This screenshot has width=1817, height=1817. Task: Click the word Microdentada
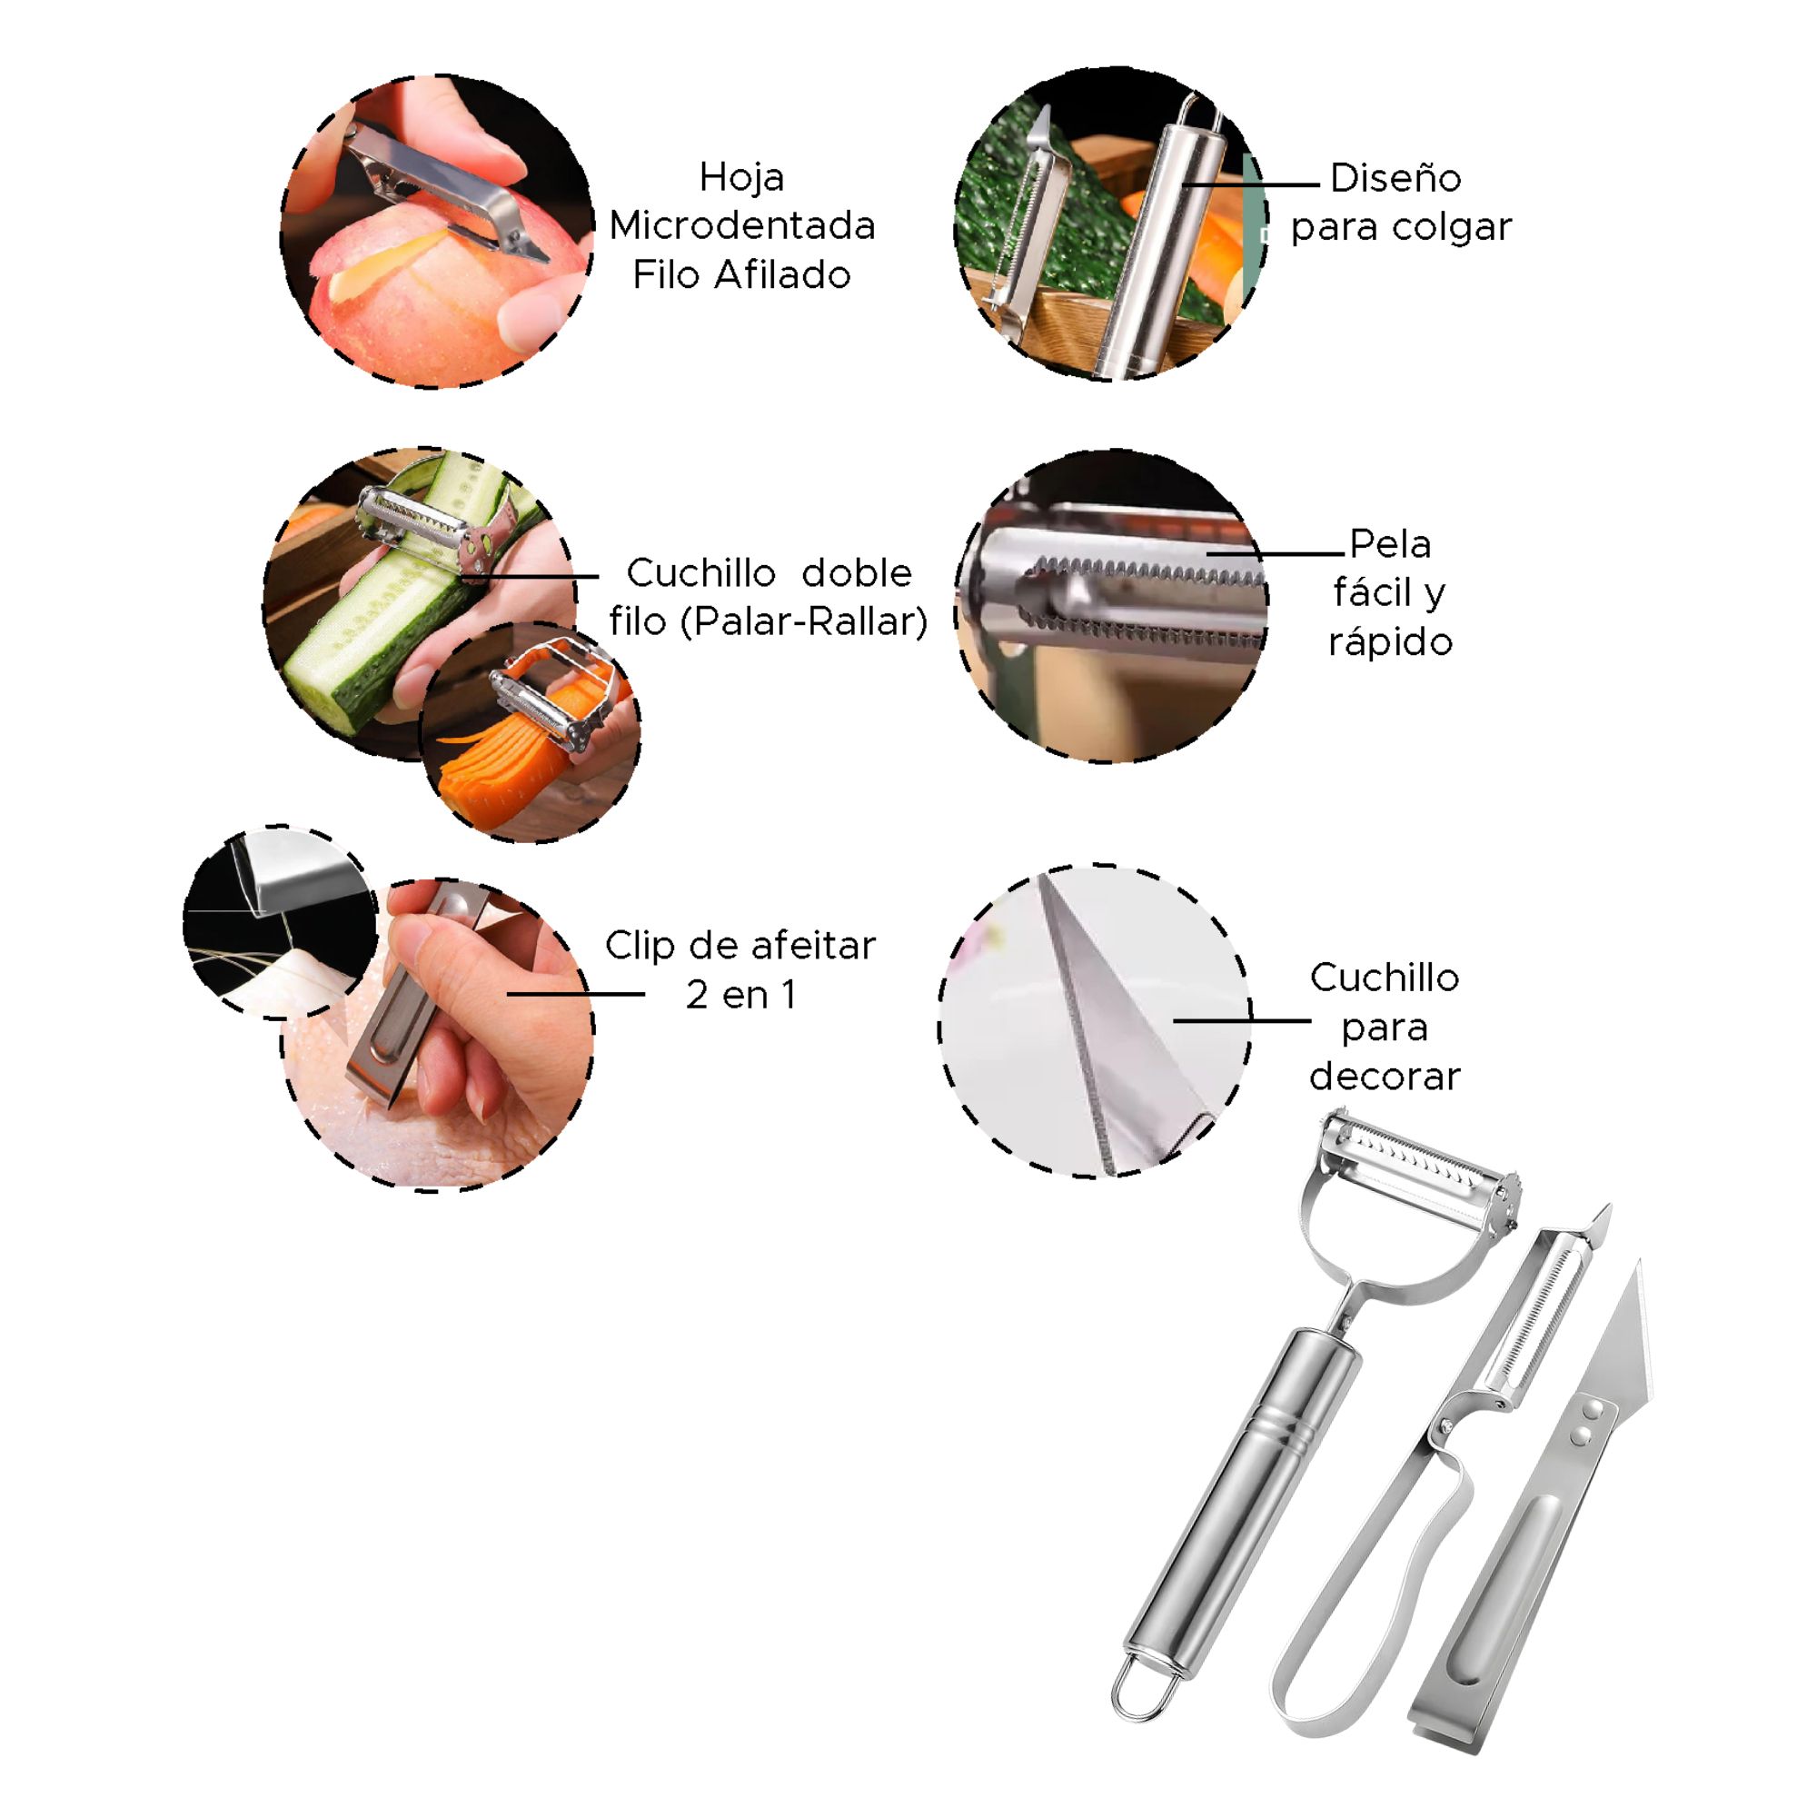click(742, 225)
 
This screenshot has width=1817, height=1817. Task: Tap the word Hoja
click(742, 178)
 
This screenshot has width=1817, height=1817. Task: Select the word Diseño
click(1395, 177)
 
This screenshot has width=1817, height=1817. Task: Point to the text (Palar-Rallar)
click(804, 621)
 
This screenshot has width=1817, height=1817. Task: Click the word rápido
click(1390, 642)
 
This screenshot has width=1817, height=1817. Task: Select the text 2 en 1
click(741, 995)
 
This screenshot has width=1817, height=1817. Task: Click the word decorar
click(1385, 1076)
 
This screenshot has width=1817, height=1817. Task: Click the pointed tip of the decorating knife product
click(1639, 1260)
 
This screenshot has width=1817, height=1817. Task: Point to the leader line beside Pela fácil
click(1276, 554)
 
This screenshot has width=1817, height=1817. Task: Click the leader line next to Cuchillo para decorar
click(1241, 1020)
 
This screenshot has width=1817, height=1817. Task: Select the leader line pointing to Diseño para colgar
click(1251, 184)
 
